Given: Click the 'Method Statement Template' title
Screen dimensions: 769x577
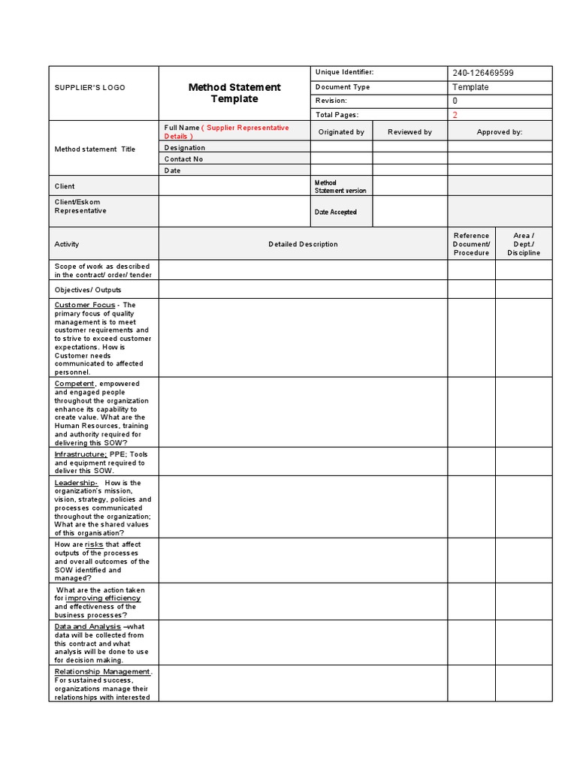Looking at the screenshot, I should pos(234,93).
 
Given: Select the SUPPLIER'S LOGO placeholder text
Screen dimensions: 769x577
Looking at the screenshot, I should pos(89,88).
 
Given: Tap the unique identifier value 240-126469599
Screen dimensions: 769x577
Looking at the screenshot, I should pos(482,73).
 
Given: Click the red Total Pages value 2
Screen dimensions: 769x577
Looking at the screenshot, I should pos(455,115).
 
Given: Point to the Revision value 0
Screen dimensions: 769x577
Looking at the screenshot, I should pos(455,101).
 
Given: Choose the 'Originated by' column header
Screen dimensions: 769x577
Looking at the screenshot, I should pos(341,132).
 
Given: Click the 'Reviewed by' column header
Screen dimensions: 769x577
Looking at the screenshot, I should pos(409,132).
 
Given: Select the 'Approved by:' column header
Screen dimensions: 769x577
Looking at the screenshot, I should pos(499,132).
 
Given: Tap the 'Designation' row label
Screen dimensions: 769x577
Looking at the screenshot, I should pos(185,148).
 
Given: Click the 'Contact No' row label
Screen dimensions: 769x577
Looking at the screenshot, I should pos(184,159).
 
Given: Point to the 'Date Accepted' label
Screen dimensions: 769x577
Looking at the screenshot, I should pos(335,213).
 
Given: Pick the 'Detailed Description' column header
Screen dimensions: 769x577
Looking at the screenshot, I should pos(303,244).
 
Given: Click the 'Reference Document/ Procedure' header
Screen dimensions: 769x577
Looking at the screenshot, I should pos(471,244).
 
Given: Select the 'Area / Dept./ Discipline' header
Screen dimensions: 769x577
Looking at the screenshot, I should pos(523,244).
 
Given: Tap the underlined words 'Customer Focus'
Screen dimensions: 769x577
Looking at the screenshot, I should pos(85,305).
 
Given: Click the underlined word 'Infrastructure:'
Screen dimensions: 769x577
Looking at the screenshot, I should pos(80,454).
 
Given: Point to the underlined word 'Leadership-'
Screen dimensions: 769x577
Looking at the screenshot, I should pos(76,483).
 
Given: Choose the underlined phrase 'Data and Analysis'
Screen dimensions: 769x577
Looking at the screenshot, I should pos(87,626).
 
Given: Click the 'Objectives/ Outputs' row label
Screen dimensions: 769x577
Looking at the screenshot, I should pos(88,290).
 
